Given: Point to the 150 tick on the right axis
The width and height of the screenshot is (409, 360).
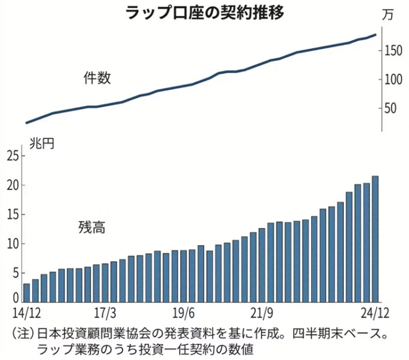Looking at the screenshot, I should pos(394,50).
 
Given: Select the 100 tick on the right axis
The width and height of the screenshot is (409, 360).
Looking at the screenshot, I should pos(394,79).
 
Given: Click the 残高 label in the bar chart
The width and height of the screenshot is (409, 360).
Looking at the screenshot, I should pos(91,227).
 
